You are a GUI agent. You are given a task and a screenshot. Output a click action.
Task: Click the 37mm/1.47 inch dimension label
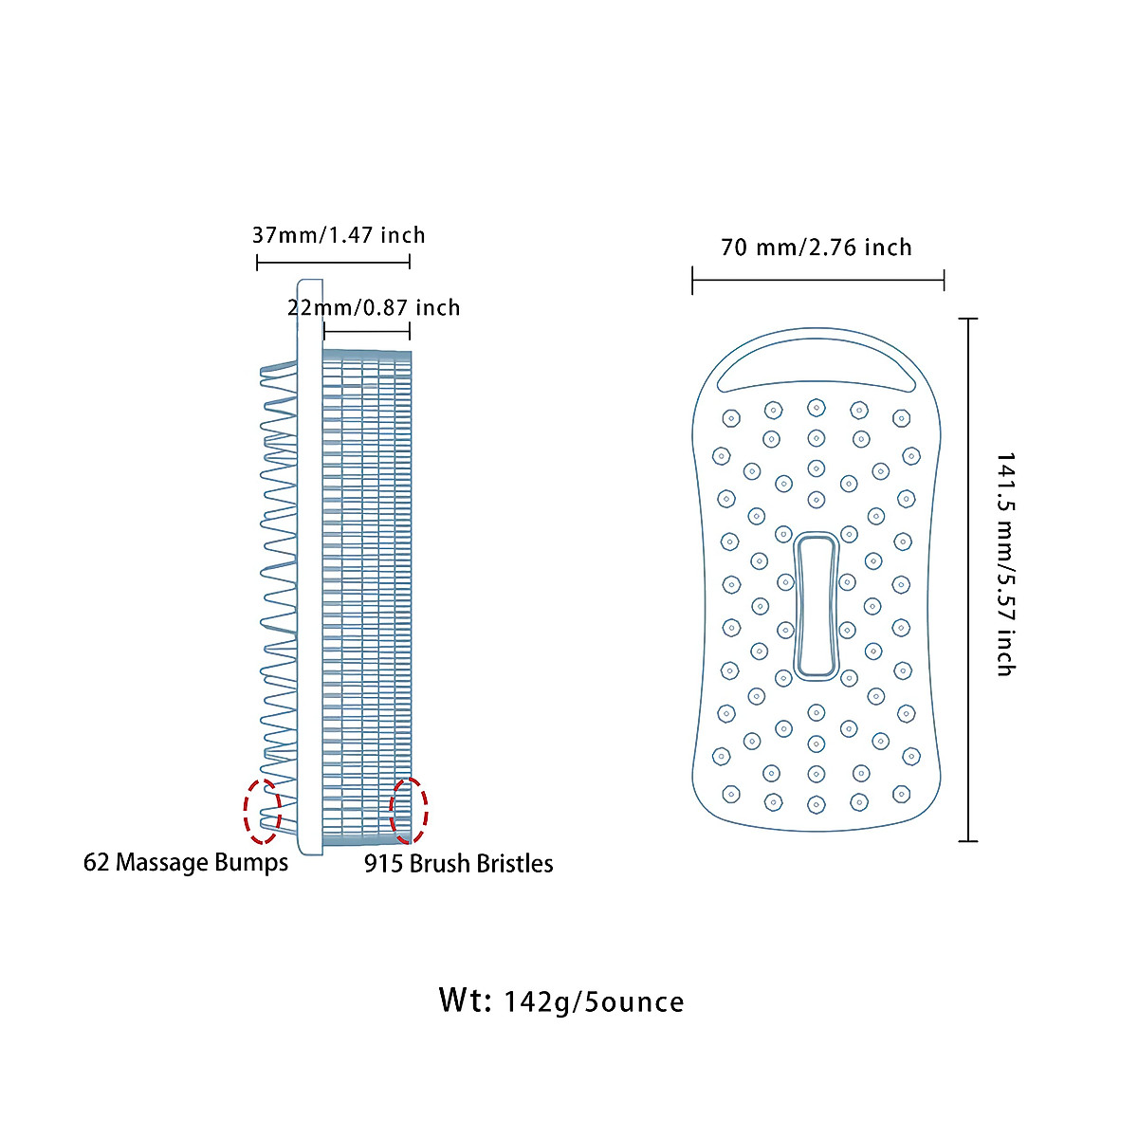(x=339, y=235)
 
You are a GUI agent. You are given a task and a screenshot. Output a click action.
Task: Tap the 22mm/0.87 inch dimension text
(x=374, y=308)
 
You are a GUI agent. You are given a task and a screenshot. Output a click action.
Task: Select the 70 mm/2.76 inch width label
(x=817, y=248)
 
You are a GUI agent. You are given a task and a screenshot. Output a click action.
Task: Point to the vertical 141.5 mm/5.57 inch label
(x=1005, y=564)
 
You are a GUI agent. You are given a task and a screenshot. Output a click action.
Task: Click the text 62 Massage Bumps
(x=186, y=862)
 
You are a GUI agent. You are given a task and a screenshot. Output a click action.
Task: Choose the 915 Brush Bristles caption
(x=459, y=863)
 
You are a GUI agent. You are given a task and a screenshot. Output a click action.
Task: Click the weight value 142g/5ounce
(x=594, y=1002)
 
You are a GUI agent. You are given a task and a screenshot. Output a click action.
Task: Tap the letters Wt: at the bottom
(x=465, y=1000)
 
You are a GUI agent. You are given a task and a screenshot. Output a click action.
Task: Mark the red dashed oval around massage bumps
(x=263, y=811)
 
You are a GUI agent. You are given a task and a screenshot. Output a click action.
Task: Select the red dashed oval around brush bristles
(x=409, y=811)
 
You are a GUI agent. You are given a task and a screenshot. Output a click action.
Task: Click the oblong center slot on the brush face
(x=817, y=607)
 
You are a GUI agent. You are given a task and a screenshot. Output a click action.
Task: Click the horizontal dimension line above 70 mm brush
(x=817, y=280)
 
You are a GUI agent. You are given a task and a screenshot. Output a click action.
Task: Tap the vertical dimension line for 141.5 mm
(x=968, y=578)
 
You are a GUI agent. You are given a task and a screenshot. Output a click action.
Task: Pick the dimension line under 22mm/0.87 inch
(x=367, y=331)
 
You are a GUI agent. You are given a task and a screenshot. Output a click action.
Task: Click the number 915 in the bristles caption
(x=383, y=863)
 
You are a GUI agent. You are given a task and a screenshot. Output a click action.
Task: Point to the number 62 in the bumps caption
(x=96, y=862)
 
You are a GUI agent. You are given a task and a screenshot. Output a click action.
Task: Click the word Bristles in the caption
(x=515, y=863)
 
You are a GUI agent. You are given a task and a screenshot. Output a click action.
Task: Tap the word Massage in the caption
(x=161, y=862)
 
